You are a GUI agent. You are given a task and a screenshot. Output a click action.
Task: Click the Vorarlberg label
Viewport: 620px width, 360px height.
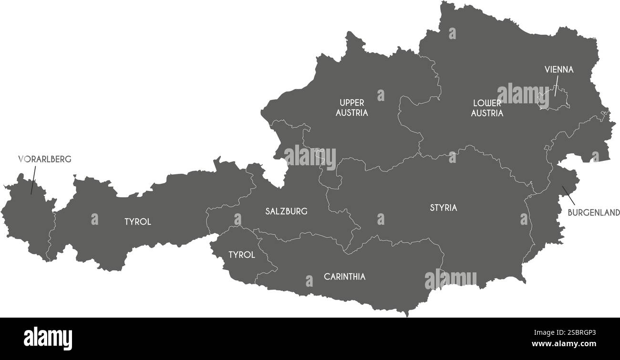44,160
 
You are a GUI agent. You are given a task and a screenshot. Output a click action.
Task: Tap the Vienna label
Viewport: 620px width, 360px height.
559,70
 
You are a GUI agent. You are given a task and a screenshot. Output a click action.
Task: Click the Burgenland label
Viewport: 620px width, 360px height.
593,212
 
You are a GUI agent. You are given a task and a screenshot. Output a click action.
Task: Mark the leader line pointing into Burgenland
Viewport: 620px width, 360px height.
568,193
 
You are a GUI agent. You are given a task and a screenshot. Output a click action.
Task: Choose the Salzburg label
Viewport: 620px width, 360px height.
286,211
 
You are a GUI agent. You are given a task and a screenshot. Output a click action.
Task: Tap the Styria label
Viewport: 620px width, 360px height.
443,208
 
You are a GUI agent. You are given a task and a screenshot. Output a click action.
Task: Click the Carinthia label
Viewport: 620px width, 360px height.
344,276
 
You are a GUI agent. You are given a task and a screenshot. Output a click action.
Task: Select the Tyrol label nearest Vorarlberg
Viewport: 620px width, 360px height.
137,222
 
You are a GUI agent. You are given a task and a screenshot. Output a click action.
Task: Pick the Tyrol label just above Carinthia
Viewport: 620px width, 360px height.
241,255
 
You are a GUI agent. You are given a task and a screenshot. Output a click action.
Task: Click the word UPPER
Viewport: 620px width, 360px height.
351,103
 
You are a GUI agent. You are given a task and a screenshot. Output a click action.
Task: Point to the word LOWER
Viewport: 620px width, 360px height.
486,103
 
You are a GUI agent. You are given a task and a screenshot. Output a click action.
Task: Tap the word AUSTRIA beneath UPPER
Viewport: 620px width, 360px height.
351,113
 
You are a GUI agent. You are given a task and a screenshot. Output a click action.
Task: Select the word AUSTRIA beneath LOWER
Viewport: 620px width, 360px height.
487,113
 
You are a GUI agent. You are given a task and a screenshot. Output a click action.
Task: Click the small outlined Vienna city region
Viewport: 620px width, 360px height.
553,100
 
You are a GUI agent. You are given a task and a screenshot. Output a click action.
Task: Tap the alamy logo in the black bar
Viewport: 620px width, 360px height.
48,339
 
